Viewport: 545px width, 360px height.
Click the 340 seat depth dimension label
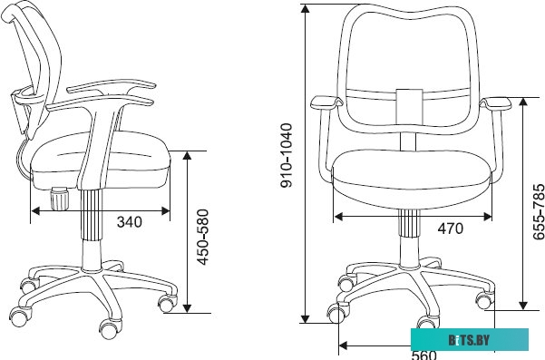130,222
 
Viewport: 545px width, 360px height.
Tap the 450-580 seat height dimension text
202,237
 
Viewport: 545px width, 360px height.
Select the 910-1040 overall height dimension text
287,155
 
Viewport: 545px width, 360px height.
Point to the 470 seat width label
450,229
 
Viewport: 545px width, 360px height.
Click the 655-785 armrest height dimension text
539,211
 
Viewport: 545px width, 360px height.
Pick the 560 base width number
423,355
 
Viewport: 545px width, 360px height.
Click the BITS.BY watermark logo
469,340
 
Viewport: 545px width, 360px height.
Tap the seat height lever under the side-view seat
59,199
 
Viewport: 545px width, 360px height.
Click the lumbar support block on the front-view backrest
410,107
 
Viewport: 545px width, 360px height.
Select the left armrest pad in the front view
326,102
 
